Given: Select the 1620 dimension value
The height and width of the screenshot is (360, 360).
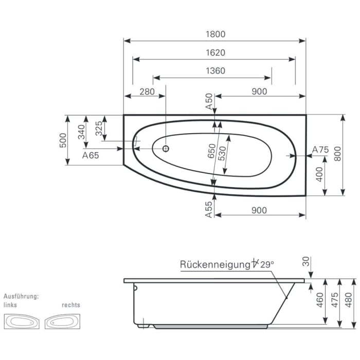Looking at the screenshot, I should (215, 52).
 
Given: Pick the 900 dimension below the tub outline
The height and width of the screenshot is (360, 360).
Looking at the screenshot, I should (260, 210).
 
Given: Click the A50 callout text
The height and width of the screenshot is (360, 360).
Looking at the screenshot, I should (209, 101).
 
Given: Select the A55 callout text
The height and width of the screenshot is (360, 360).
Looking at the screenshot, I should (209, 210).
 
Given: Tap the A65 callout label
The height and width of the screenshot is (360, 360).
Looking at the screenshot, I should (91, 155).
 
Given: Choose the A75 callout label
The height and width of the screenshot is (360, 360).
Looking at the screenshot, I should (320, 150).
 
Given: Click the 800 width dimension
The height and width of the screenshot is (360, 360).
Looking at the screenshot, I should (337, 155).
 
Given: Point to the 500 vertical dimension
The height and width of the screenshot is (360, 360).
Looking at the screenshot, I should (63, 140).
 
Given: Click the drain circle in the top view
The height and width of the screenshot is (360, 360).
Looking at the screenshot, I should (166, 149).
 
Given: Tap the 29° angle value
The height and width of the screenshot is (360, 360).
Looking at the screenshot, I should (266, 264).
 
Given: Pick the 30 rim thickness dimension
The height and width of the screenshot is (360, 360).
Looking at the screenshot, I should (307, 262).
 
